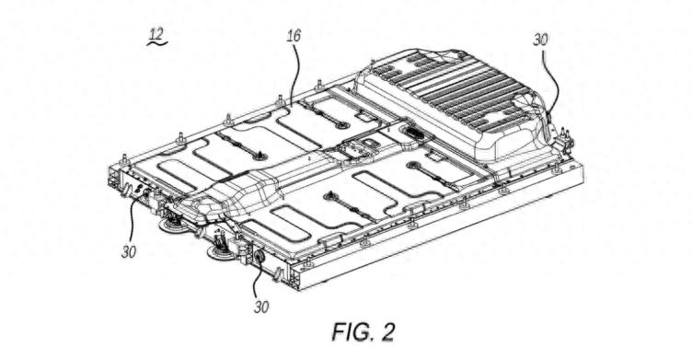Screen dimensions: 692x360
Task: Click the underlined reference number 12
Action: tap(156, 34)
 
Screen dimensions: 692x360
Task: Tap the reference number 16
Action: tap(294, 36)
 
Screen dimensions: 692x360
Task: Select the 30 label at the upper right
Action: tap(540, 40)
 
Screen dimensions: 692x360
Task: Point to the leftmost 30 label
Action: tap(129, 252)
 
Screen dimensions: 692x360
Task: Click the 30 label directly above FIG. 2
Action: tap(261, 307)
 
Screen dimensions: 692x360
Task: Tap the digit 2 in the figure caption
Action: tap(386, 331)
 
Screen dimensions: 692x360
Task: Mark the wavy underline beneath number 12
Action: tap(157, 43)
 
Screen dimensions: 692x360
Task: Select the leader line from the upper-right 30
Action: tap(555, 79)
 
